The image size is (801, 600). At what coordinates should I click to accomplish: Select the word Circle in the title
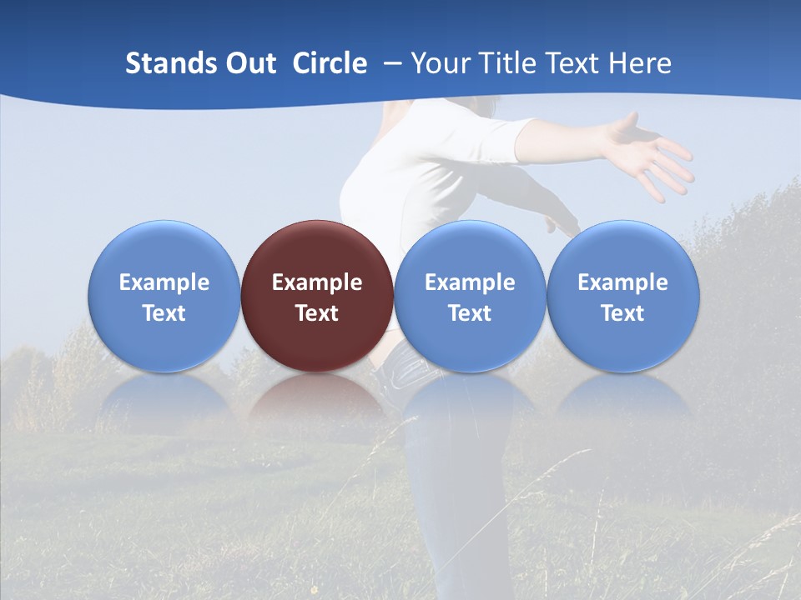pos(330,63)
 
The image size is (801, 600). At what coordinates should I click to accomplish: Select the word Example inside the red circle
pos(317,282)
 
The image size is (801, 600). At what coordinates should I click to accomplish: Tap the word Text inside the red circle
pos(317,313)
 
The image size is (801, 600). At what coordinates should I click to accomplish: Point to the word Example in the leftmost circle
pos(164,282)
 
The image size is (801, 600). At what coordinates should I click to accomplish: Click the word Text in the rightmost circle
pos(623,313)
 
